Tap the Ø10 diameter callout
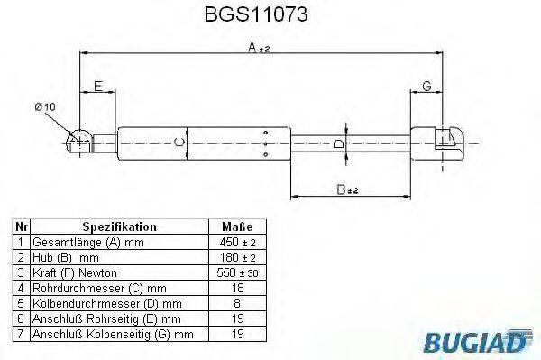click(x=46, y=107)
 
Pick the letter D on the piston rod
click(x=337, y=141)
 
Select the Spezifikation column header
click(x=120, y=227)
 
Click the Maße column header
click(x=236, y=227)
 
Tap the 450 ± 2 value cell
click(x=236, y=242)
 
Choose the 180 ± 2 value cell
click(x=236, y=257)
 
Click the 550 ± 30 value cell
click(x=236, y=272)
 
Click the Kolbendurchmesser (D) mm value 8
click(x=236, y=303)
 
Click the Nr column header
click(x=23, y=227)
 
